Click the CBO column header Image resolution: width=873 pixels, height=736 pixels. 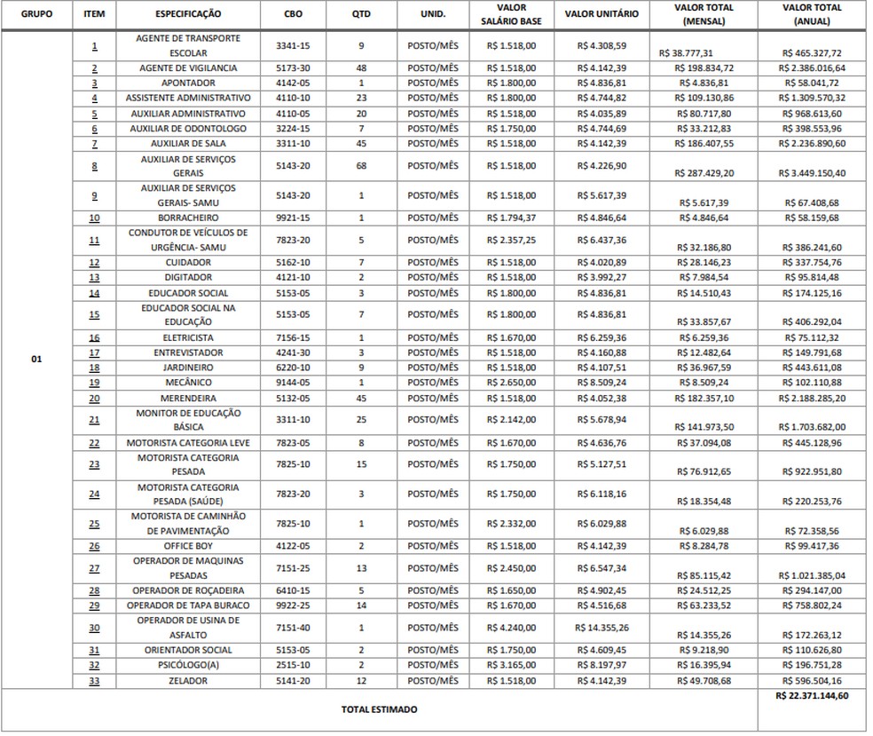click(293, 15)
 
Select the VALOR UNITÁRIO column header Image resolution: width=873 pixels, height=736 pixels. click(601, 15)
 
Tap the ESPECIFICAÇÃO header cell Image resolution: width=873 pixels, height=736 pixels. click(188, 15)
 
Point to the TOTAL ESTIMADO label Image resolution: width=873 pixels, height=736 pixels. click(380, 709)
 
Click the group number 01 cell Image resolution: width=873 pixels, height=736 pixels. click(35, 360)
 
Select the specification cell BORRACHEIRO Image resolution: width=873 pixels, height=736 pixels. click(188, 218)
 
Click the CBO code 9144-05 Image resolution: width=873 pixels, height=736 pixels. click(293, 383)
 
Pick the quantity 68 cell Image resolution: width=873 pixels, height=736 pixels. click(361, 165)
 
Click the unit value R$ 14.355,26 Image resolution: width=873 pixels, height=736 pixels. click(601, 628)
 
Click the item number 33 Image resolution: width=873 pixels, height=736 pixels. click(94, 681)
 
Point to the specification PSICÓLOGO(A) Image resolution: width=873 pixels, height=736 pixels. click(188, 665)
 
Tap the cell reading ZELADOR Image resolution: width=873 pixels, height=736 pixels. click(188, 681)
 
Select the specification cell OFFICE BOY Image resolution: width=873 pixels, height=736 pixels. click(188, 546)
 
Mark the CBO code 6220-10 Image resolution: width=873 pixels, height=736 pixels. click(293, 368)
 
